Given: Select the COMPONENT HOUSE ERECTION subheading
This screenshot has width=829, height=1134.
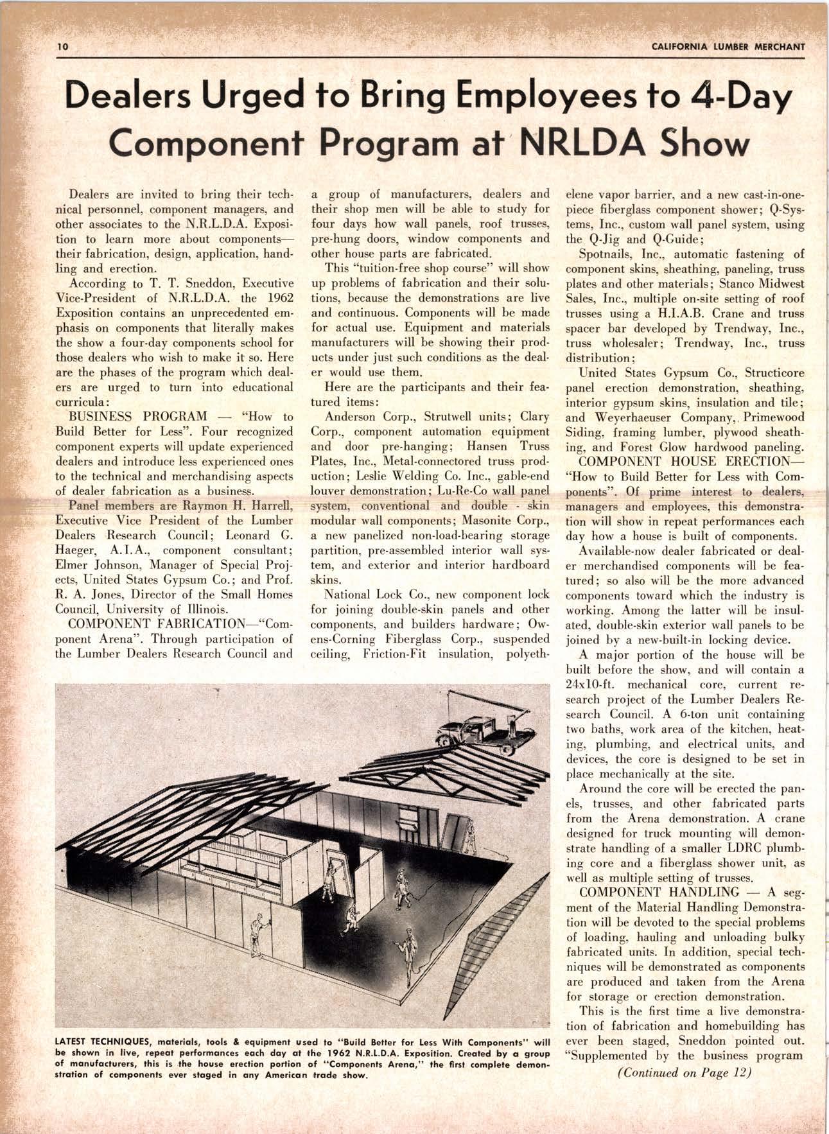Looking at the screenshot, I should pos(684,462).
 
